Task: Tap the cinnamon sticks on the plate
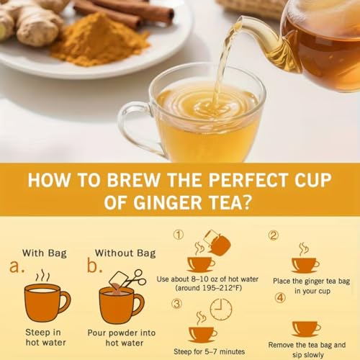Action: coord(126,11)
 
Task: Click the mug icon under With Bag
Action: coord(46,300)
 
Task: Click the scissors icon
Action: coord(139,277)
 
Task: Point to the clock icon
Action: coord(221,310)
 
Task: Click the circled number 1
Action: coord(179,235)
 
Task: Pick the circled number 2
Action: coord(274,235)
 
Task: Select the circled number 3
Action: coord(176,303)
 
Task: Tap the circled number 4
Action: coord(279,297)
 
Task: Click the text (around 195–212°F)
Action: coord(202,288)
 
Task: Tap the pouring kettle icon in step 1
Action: coord(216,243)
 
